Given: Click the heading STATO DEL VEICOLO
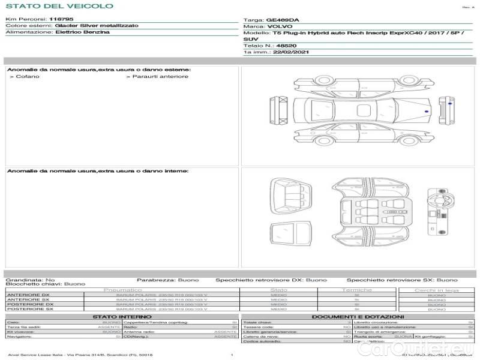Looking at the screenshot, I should (x=59, y=6).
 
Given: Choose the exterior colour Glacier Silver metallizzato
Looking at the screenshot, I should (x=96, y=26).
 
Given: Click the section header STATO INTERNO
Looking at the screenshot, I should (x=122, y=316).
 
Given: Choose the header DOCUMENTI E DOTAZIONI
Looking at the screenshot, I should (x=358, y=316).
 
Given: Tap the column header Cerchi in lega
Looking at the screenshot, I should (x=436, y=290).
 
